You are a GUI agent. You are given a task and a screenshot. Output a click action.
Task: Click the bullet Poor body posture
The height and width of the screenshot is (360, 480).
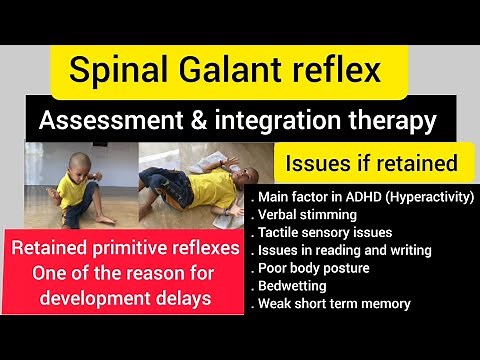[315, 268]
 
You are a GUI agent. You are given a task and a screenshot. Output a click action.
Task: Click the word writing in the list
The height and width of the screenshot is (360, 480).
[382, 251]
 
